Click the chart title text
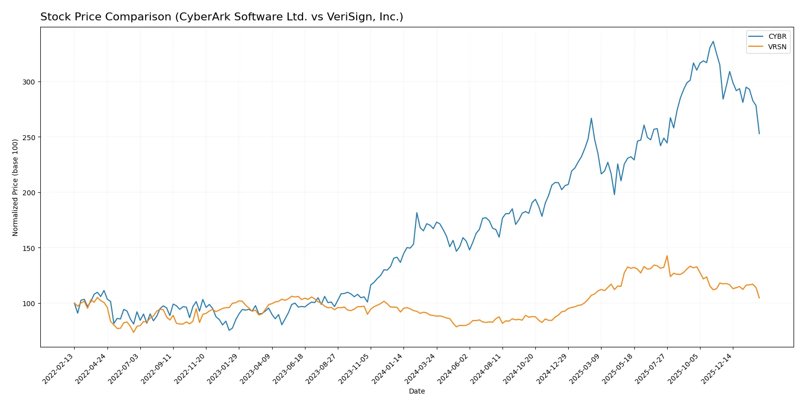click(x=221, y=17)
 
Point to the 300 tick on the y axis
click(x=29, y=82)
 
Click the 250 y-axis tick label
click(x=29, y=137)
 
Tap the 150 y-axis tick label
click(x=29, y=248)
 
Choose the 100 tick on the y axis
click(x=29, y=304)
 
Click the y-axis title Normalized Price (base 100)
click(x=15, y=187)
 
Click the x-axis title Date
click(x=416, y=391)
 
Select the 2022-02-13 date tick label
click(x=59, y=369)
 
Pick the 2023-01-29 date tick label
click(x=223, y=369)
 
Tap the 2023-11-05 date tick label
click(x=355, y=369)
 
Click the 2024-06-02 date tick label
click(x=454, y=369)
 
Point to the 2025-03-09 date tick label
click(x=586, y=369)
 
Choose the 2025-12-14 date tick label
click(x=717, y=369)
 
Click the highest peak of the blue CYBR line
click(x=713, y=41)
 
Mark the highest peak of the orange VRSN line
click(x=667, y=256)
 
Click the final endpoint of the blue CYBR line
click(x=759, y=134)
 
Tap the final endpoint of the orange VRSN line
click(x=759, y=298)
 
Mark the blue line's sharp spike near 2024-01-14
click(x=417, y=213)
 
